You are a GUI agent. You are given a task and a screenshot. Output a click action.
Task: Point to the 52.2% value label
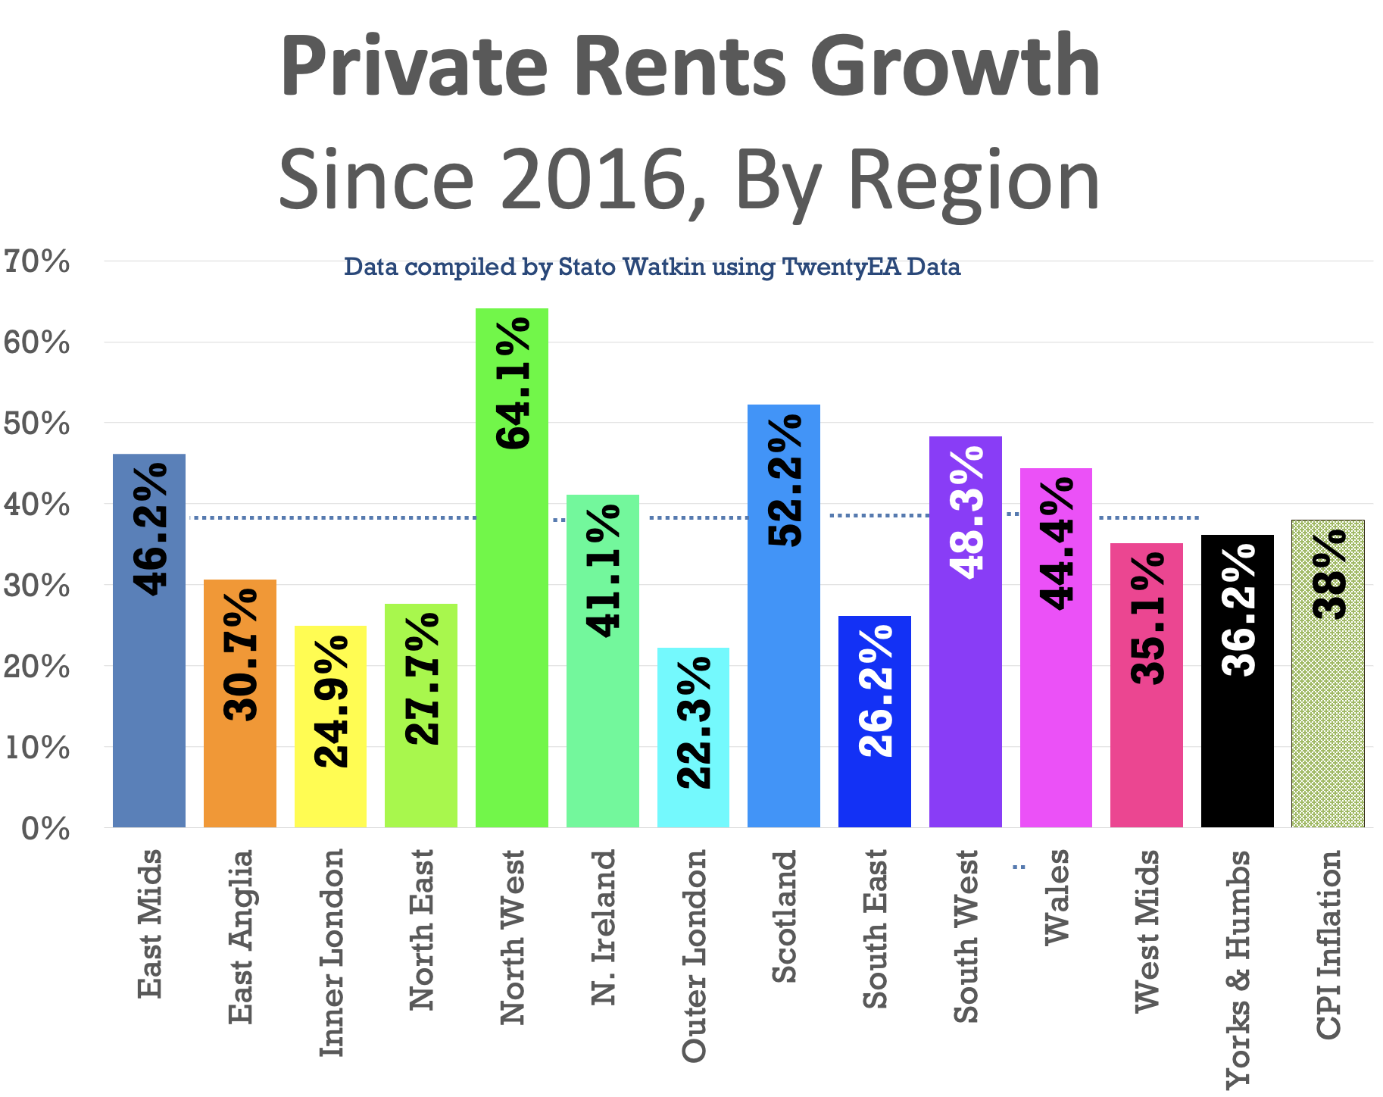point(785,480)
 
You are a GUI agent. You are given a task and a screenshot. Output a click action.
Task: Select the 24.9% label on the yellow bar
point(330,702)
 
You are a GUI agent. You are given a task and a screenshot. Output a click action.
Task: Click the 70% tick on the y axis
point(36,262)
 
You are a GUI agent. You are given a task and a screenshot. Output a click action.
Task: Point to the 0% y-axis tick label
point(45,828)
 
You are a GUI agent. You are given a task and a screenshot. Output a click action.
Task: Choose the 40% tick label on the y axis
point(36,505)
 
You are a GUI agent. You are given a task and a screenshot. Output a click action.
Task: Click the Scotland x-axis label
point(785,917)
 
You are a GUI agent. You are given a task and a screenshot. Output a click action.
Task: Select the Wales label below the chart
point(1057,897)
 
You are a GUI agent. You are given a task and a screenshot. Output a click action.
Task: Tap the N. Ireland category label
point(604,927)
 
